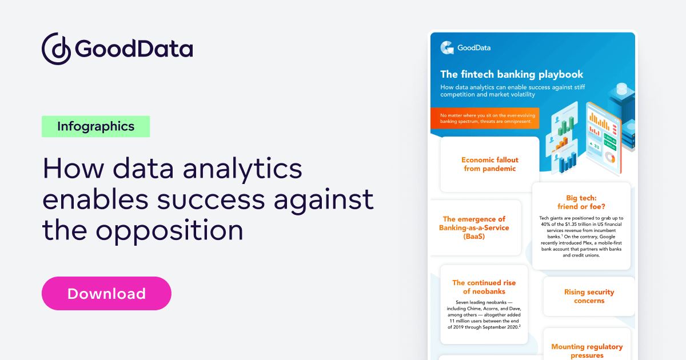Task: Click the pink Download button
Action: (x=106, y=294)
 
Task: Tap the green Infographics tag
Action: (x=95, y=126)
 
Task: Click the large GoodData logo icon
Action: (x=55, y=48)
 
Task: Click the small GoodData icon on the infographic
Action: (x=447, y=48)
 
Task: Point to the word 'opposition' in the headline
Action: (x=169, y=230)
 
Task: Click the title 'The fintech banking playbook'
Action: (x=512, y=74)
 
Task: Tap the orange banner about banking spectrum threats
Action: (x=485, y=118)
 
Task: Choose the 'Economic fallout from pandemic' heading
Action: (x=490, y=164)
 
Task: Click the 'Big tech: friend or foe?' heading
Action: (x=581, y=202)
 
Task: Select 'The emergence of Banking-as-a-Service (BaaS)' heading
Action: (x=474, y=227)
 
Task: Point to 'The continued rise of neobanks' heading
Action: (x=484, y=287)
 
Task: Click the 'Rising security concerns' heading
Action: (x=589, y=296)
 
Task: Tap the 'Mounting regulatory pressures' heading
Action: (x=587, y=351)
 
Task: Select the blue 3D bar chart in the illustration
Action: (x=569, y=163)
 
